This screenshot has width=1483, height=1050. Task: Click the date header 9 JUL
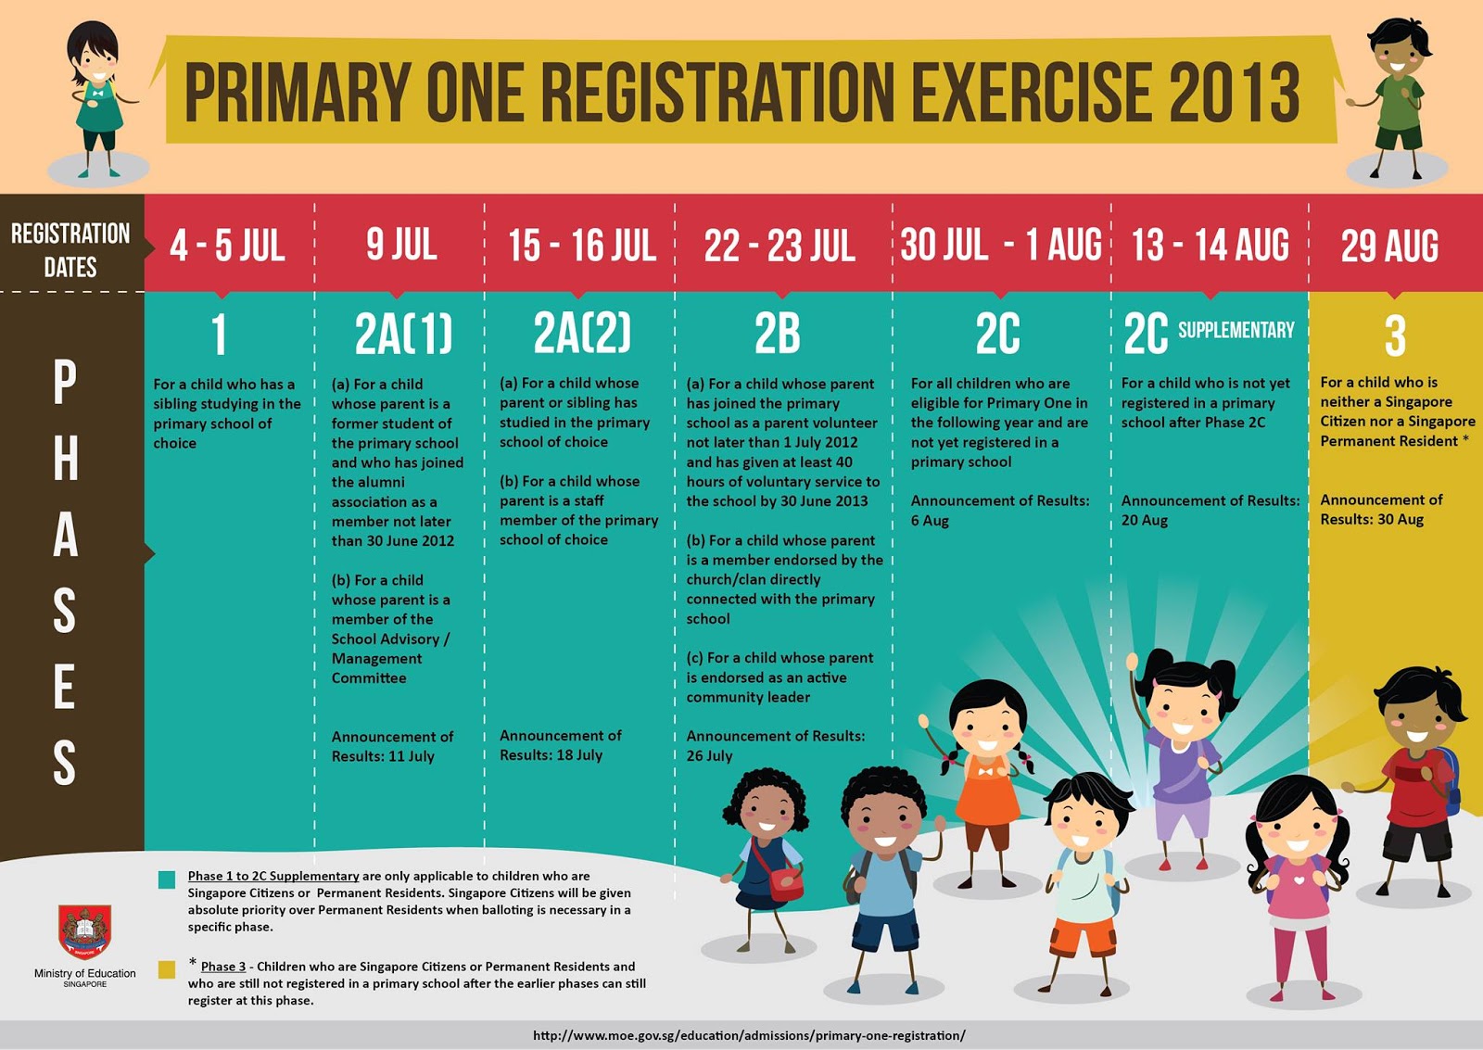[401, 245]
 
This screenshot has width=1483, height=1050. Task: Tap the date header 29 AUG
[1389, 246]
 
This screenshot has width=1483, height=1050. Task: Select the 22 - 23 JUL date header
[780, 246]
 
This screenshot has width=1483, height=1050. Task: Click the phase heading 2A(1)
[403, 334]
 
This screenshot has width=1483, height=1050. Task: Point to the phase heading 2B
[777, 334]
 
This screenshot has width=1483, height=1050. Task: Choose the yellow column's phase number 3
[1395, 335]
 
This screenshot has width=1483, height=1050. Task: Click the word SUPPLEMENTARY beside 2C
[1236, 330]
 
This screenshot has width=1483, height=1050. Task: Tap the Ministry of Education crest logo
[84, 930]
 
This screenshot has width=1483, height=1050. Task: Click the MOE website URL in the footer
[749, 1035]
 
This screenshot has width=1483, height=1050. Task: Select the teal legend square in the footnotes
[167, 879]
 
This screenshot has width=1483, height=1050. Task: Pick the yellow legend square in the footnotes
[167, 969]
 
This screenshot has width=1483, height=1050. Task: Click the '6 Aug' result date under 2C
[930, 521]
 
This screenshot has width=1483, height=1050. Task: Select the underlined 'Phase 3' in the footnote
[223, 967]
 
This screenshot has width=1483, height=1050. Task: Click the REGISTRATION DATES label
[70, 249]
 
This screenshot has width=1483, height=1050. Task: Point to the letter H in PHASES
[65, 459]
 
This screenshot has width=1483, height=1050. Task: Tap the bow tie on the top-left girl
[96, 92]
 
